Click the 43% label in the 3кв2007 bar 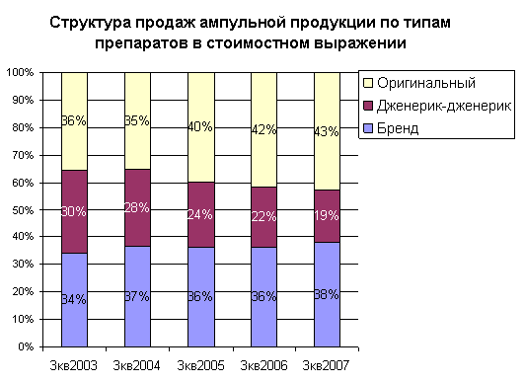pos(327,131)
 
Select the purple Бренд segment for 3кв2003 pos(74,300)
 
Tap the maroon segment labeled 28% pos(137,207)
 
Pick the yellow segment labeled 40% pos(201,127)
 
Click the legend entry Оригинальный pos(419,83)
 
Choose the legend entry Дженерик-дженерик pos(437,106)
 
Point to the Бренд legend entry pos(391,128)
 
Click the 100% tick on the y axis pos(20,72)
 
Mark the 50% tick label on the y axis pos(23,210)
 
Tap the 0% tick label pos(26,346)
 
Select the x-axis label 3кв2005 pos(200,365)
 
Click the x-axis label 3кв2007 pos(326,365)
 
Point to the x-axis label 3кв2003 pos(74,365)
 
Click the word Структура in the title pos(90,23)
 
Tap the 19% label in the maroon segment pos(327,215)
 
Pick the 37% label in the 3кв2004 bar pos(137,296)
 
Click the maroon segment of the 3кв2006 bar pos(264,217)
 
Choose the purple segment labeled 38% pos(327,294)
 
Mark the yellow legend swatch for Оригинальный pos(368,83)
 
